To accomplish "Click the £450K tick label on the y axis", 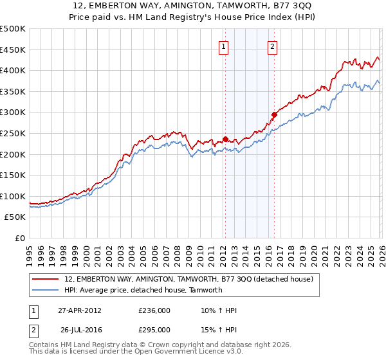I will coord(13,50).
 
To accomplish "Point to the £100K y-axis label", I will coord(13,196).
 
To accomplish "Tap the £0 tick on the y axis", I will coord(21,239).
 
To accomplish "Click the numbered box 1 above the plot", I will coord(223,46).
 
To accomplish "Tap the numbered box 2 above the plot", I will coord(272,46).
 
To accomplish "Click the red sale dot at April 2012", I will coord(225,139).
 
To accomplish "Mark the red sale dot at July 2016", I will coord(274,114).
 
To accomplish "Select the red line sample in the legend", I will coord(46,279).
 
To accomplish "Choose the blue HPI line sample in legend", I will coord(46,290).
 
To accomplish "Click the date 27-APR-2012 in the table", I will coord(80,310).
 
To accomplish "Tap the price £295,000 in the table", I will coord(154,329).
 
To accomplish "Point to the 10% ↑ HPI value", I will coord(219,310).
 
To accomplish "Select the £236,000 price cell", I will coord(154,310).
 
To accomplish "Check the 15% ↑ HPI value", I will coord(219,329).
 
